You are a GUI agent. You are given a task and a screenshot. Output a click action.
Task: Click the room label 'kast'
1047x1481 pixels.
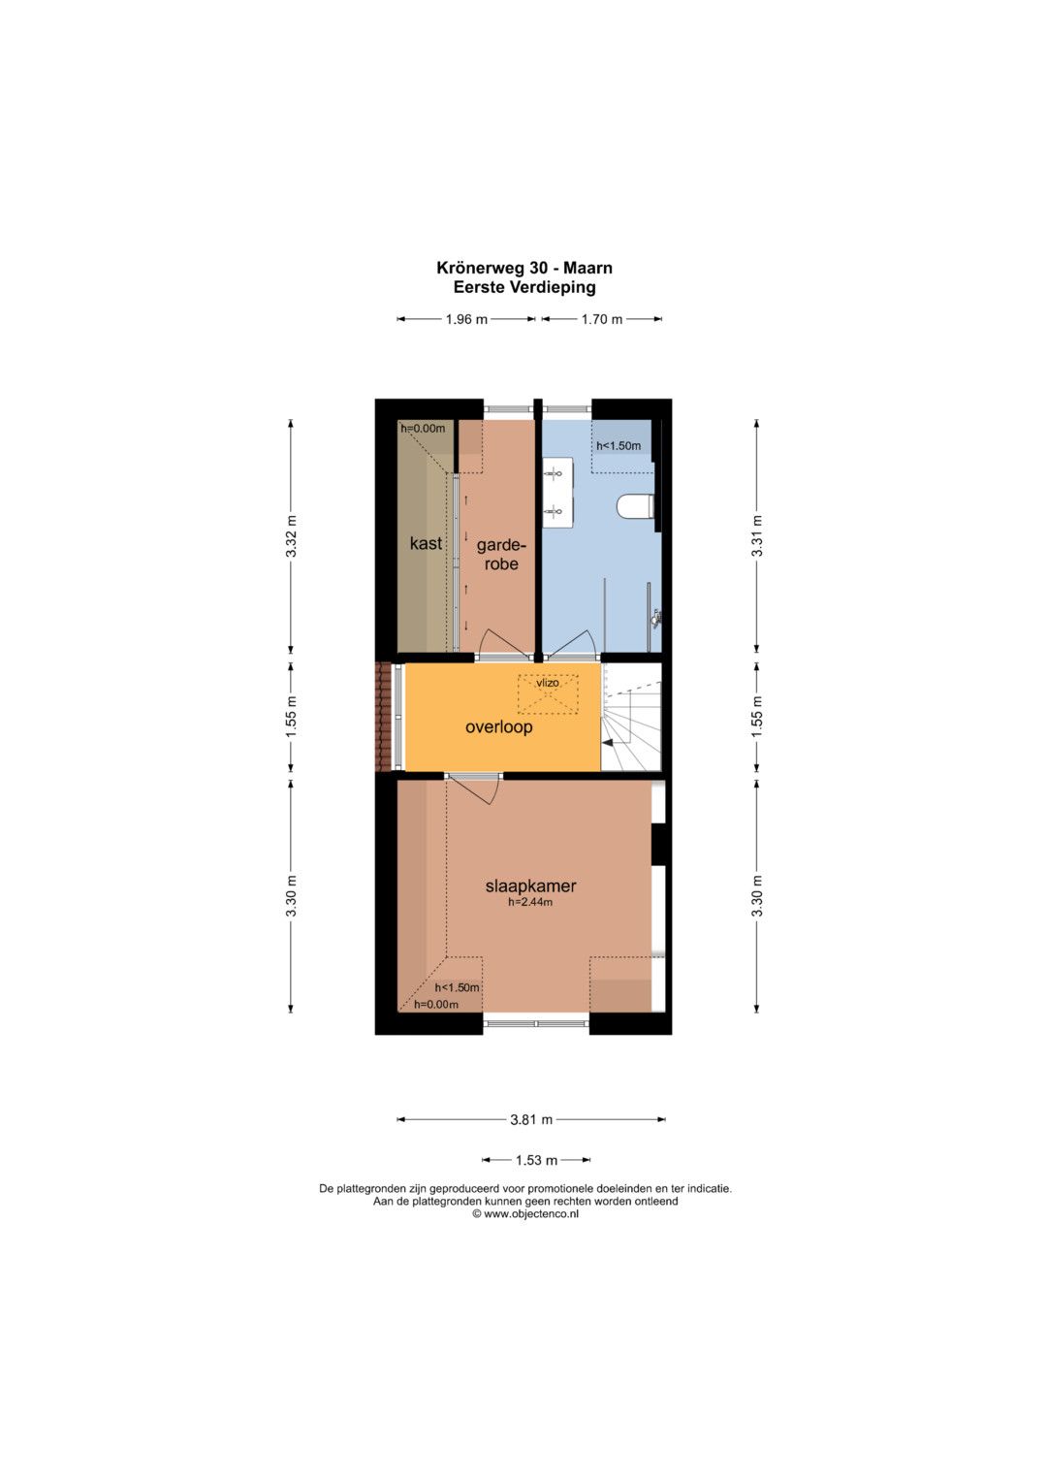[426, 543]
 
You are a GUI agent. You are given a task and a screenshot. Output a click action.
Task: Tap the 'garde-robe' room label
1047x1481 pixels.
[501, 555]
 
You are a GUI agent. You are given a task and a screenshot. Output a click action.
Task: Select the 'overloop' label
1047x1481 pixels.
[498, 727]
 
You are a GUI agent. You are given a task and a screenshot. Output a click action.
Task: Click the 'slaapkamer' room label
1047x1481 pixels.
[531, 885]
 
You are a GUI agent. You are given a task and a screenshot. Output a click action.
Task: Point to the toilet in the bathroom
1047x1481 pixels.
[636, 507]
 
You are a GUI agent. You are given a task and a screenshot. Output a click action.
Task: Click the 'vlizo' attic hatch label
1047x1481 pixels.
[548, 683]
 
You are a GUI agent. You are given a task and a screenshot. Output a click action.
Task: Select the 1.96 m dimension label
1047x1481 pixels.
[466, 319]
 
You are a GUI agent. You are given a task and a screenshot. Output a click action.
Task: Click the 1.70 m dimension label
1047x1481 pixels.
[602, 319]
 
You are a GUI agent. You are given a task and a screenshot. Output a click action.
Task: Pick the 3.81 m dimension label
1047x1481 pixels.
[531, 1119]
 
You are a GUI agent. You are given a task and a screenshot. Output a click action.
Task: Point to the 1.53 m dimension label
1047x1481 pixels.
[537, 1160]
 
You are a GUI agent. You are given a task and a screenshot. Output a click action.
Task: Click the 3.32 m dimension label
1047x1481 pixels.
[292, 535]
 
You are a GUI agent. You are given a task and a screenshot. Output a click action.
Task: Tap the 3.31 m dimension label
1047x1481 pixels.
[757, 535]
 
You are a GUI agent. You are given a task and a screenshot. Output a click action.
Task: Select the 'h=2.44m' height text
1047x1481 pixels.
[530, 902]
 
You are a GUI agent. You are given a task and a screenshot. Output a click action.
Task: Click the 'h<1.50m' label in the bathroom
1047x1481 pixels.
[619, 445]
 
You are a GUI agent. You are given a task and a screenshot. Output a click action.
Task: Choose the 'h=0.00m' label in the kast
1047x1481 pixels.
[423, 429]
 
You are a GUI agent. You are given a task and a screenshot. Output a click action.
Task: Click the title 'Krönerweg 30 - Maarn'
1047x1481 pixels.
[524, 268]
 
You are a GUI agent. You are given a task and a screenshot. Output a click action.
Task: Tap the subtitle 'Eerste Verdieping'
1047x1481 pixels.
[524, 287]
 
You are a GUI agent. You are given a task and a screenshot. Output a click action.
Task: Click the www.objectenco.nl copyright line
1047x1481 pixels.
[525, 1214]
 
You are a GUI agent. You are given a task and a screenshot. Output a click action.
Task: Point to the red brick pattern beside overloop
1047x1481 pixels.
[383, 717]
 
